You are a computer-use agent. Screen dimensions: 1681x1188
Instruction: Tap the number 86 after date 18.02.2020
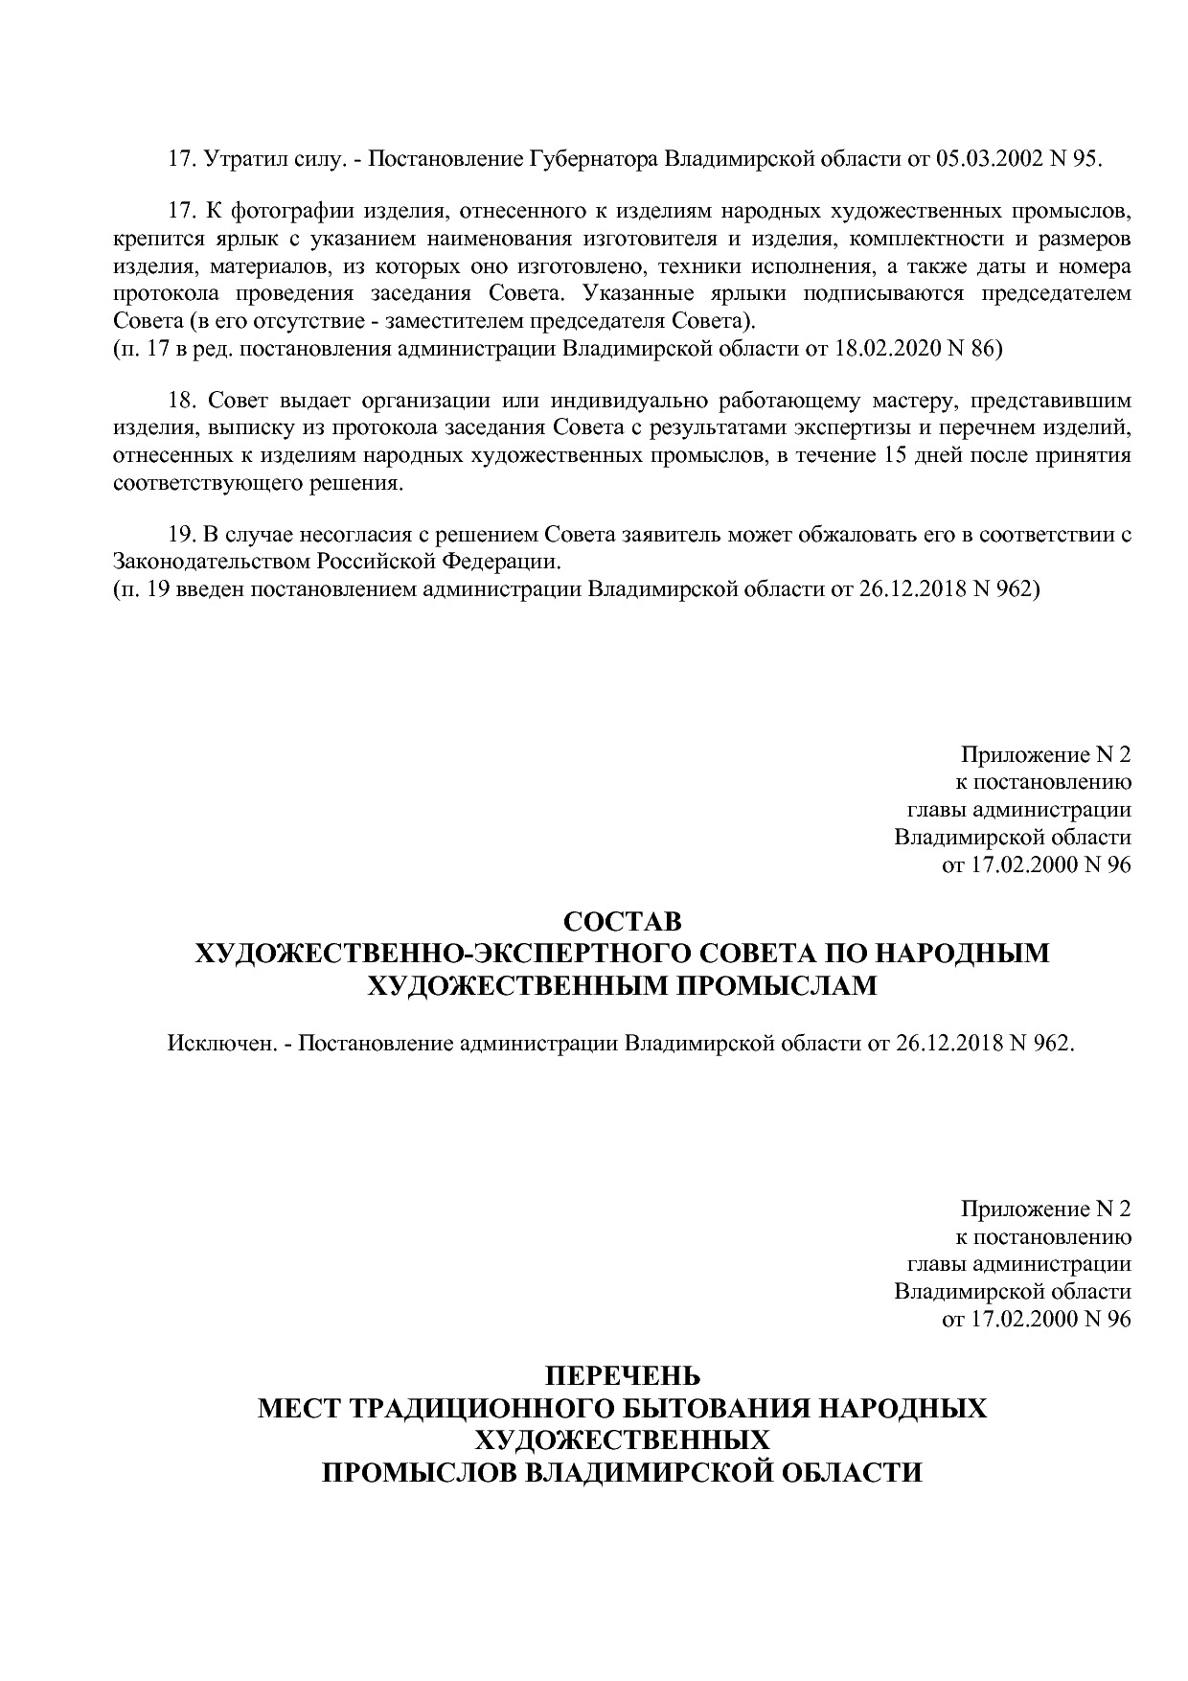coord(984,349)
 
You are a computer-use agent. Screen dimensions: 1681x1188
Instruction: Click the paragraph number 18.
coord(181,400)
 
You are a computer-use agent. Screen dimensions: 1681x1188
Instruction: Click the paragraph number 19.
coord(181,535)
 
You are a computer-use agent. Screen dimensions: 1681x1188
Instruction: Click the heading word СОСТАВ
coord(622,922)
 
